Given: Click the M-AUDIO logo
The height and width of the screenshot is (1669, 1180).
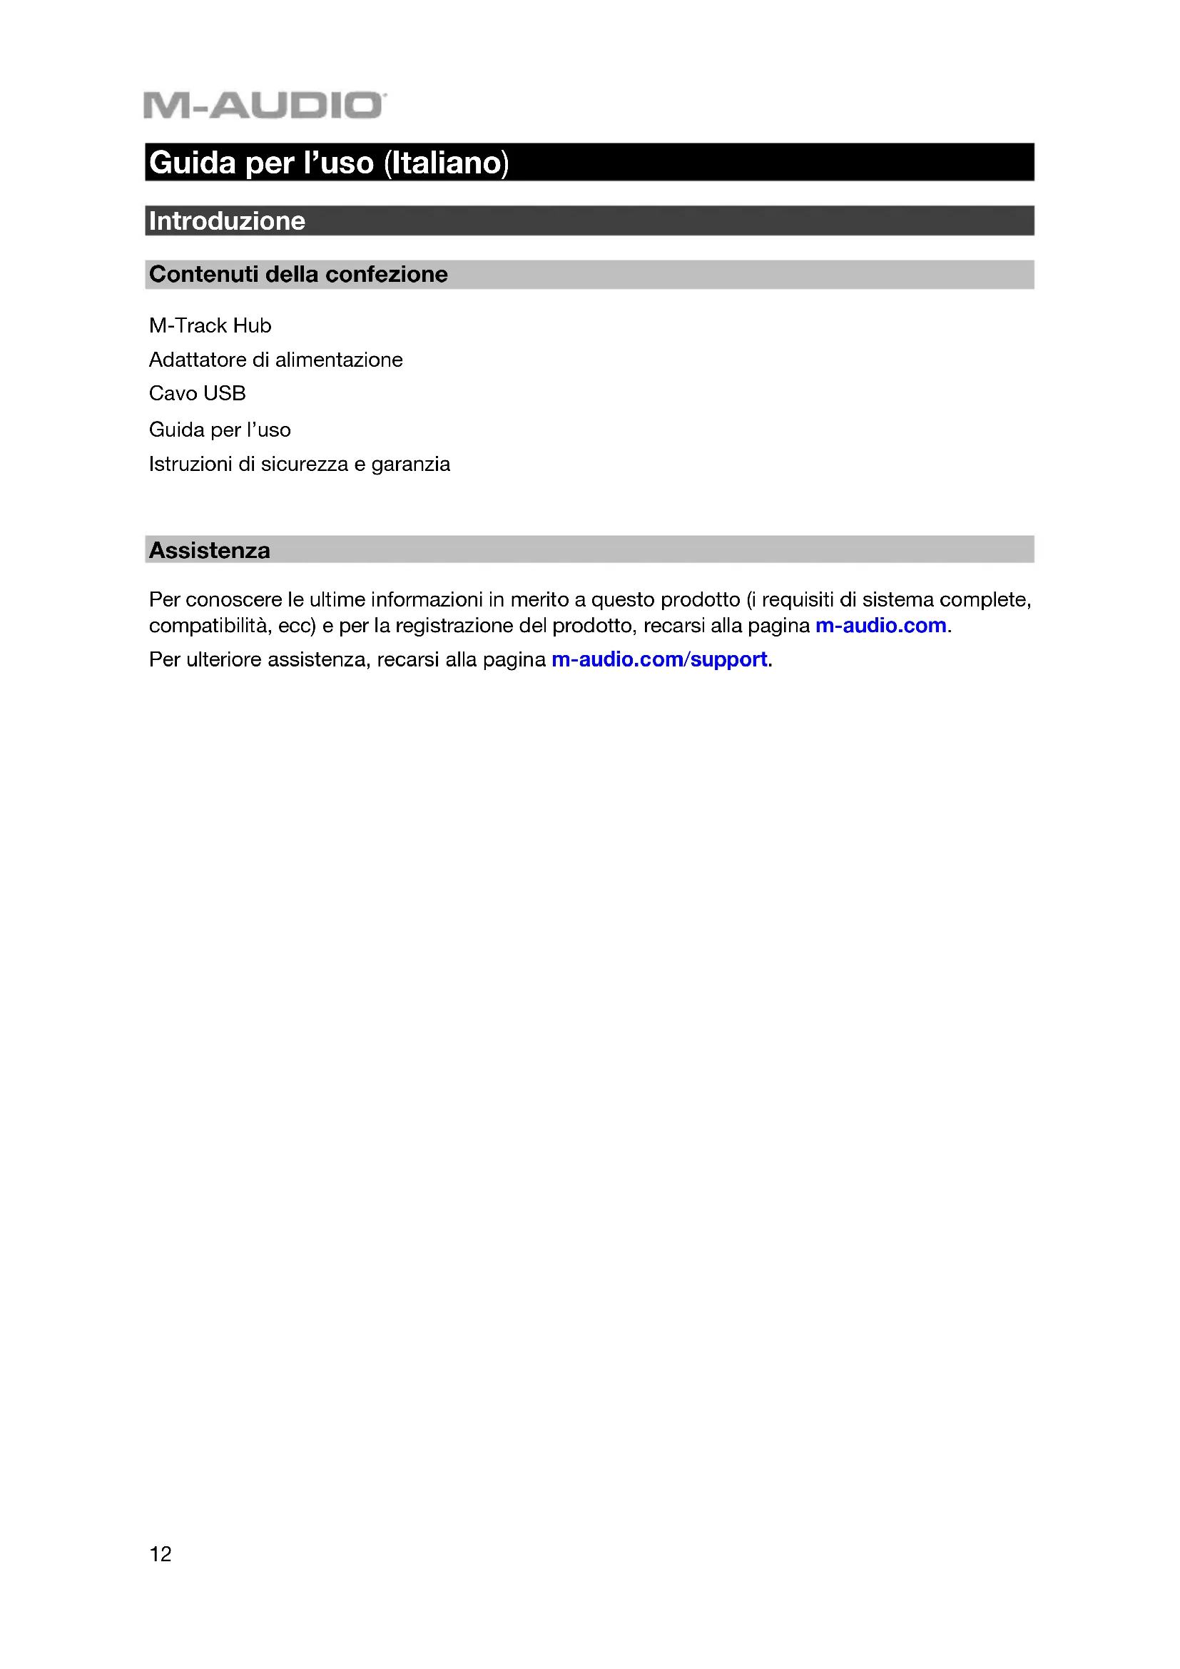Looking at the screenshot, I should coord(265,106).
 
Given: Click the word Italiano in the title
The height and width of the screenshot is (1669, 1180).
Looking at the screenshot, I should coord(446,163).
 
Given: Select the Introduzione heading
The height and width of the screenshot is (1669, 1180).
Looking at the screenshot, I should coord(227,221).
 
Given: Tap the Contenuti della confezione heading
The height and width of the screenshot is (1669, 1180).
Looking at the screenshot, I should coord(298,275).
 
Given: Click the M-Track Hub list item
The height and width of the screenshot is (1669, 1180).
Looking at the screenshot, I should coord(210,325).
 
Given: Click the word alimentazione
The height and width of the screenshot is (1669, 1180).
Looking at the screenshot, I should coord(339,360).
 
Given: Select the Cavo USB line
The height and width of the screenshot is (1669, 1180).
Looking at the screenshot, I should coord(197,393).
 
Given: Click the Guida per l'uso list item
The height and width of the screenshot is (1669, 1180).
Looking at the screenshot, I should coord(220,430).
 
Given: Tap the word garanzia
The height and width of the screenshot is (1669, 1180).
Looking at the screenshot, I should coord(410,465).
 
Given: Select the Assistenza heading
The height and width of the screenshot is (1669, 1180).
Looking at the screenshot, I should coord(209,551).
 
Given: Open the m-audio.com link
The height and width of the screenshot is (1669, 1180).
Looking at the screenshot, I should coord(880,626).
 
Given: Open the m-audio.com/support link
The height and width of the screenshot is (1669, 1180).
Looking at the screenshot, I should coord(659,659).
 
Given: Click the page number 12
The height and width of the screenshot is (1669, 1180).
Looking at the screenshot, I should coord(161,1554).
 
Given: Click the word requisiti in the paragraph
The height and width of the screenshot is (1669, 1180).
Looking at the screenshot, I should coord(798,599).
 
